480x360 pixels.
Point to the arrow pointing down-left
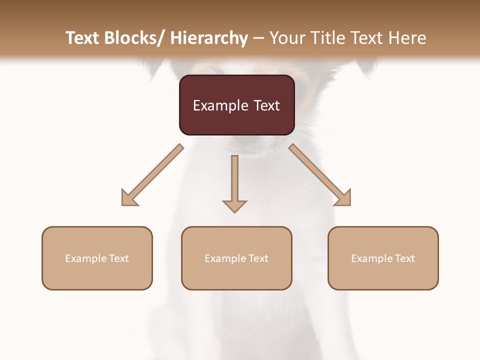152,175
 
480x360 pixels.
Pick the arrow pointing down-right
320,175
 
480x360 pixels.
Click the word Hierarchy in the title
209,38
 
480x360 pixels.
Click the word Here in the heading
407,38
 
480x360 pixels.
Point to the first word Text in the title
83,38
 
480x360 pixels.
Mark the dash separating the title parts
259,38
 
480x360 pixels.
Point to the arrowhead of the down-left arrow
129,198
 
